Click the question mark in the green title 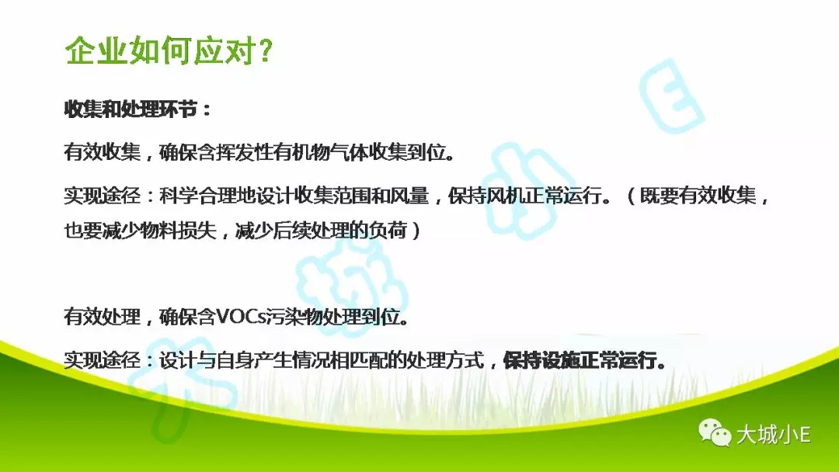click(x=264, y=50)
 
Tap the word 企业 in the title click(x=96, y=50)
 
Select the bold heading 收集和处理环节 click(x=131, y=109)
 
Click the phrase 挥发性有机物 click(x=274, y=152)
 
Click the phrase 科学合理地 click(x=207, y=196)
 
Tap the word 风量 click(x=409, y=196)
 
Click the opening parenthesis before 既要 click(x=630, y=196)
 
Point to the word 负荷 click(x=388, y=231)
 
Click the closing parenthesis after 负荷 click(x=416, y=231)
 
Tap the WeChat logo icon click(x=715, y=432)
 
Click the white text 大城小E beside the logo click(x=773, y=434)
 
